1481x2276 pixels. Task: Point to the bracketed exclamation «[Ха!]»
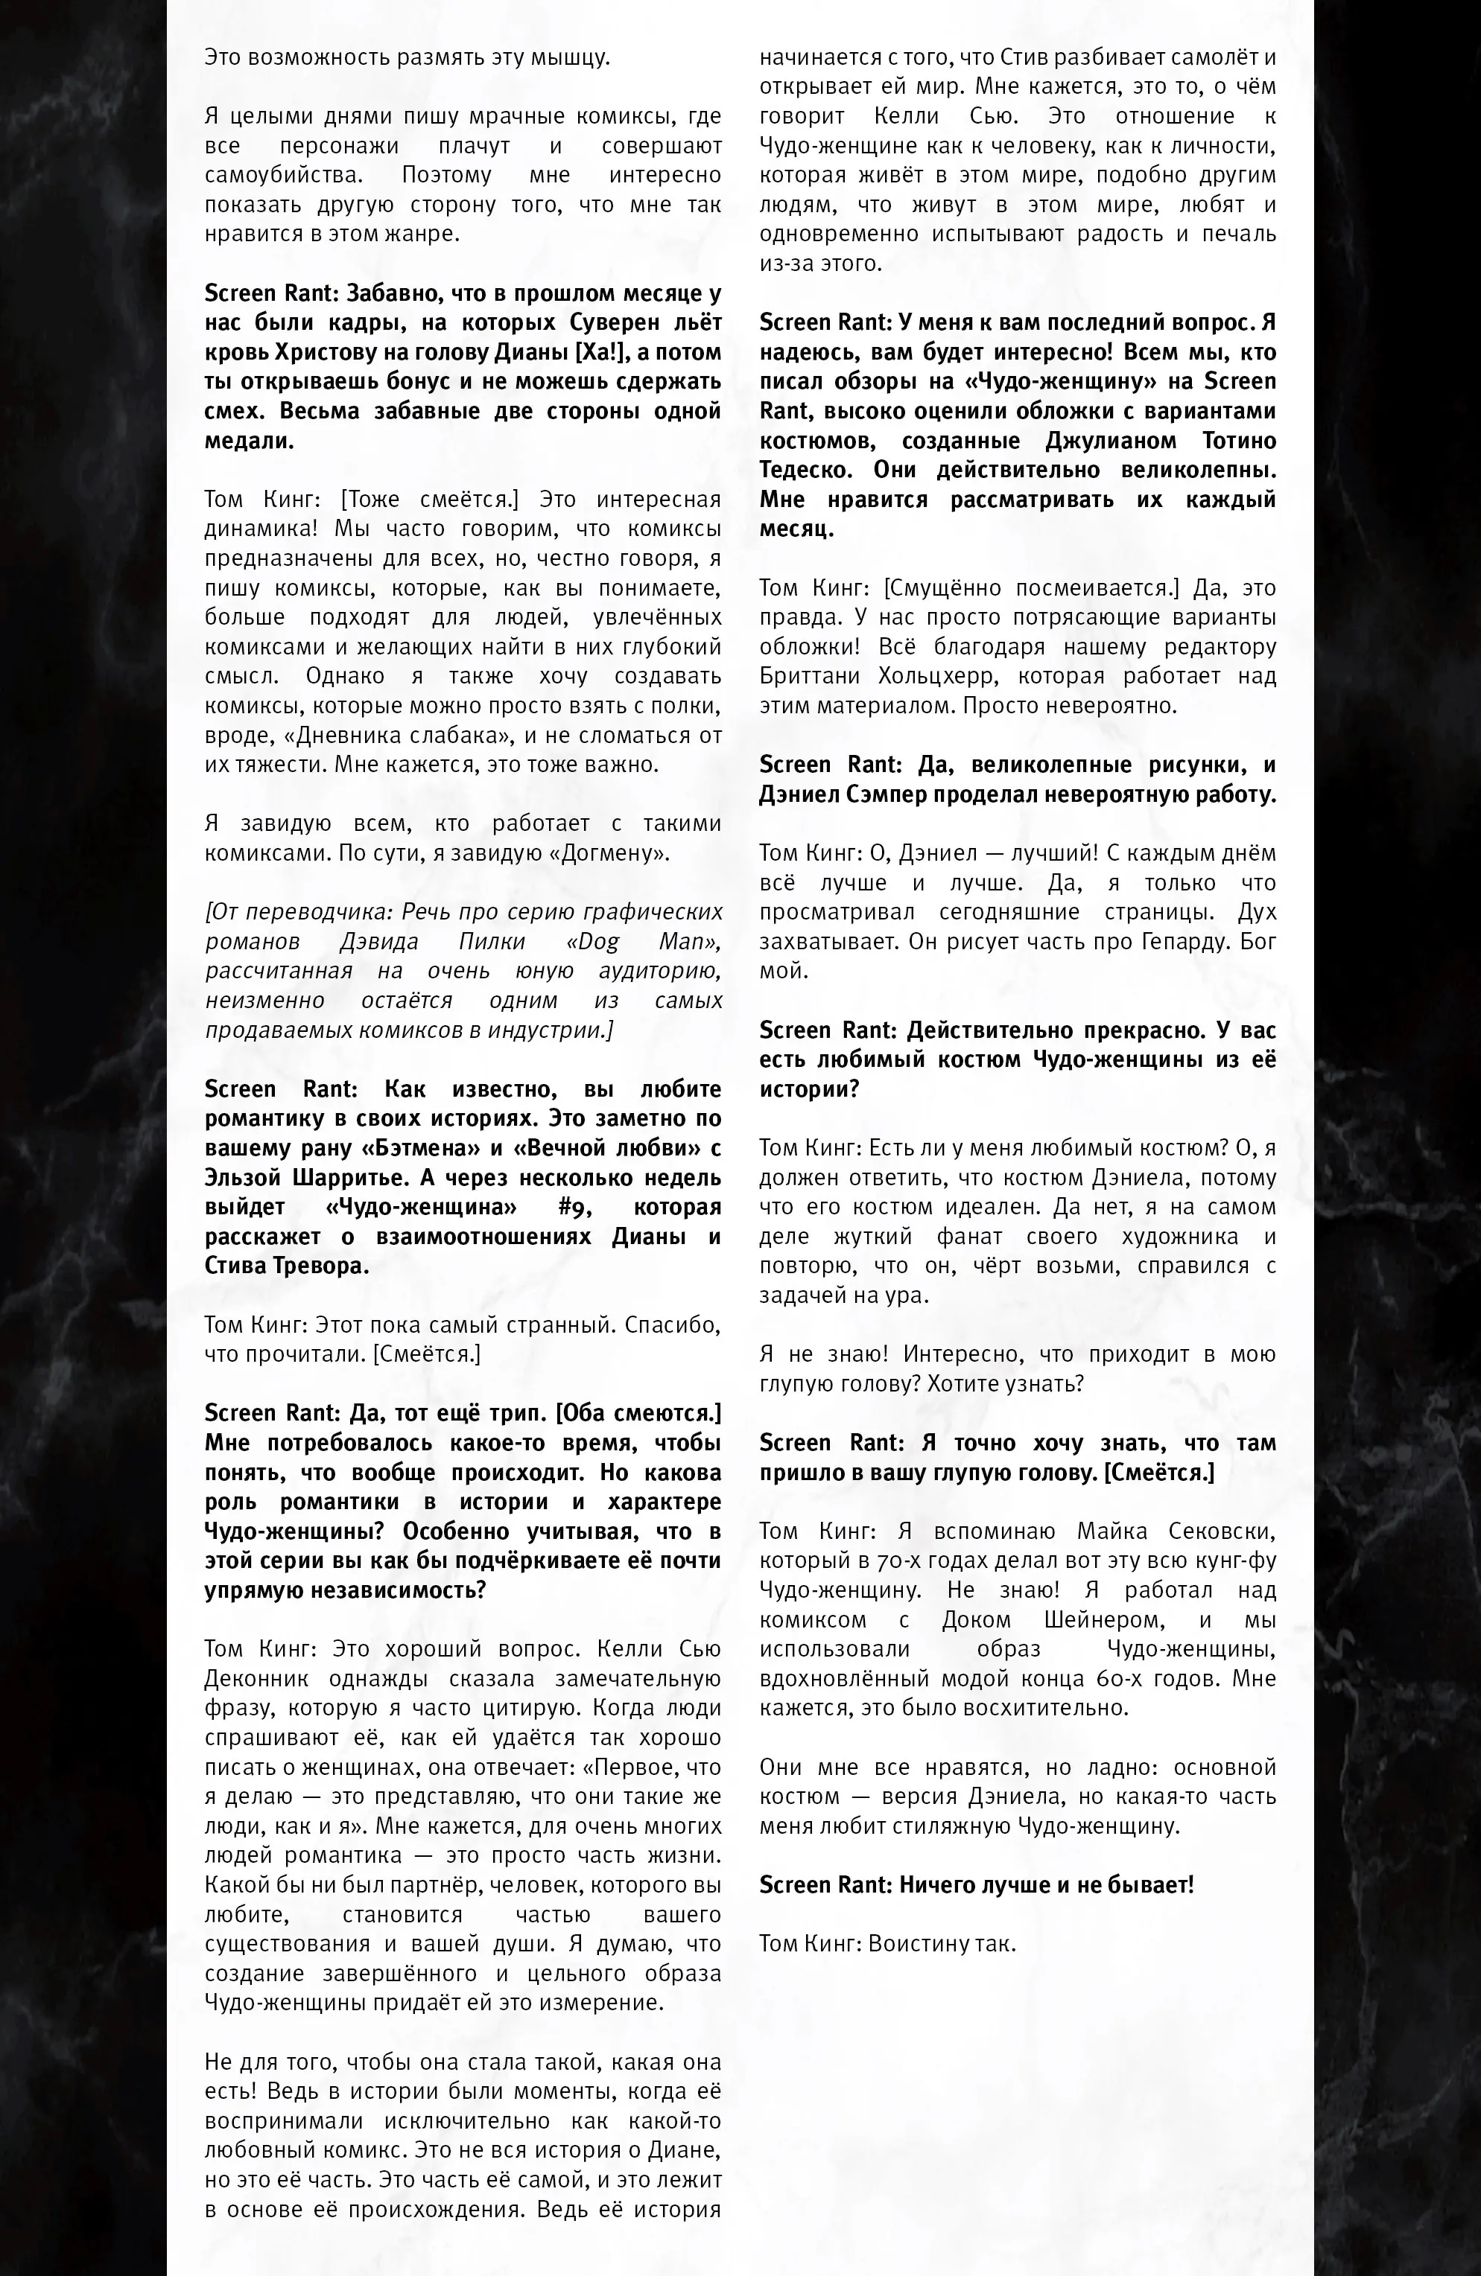point(598,353)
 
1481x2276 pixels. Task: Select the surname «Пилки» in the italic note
point(492,941)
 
